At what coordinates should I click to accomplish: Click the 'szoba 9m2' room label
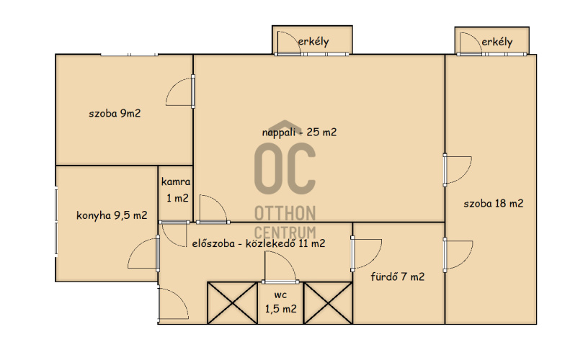coord(115,113)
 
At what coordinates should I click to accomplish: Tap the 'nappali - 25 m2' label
coord(299,132)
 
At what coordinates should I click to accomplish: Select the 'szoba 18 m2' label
coord(494,203)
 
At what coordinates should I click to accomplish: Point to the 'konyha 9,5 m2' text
coord(112,215)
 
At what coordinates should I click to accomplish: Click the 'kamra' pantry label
coord(176,181)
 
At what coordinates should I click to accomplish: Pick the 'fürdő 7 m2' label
coord(397,276)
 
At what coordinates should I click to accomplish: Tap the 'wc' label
coord(280,295)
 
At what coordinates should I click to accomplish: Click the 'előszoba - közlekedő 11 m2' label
coord(259,243)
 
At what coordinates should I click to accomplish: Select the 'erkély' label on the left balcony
coord(313,42)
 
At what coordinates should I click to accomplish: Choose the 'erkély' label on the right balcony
coord(497,42)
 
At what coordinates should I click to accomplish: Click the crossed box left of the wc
coord(232,303)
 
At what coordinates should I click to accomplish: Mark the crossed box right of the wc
coord(328,303)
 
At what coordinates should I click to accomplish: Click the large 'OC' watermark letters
coord(285,168)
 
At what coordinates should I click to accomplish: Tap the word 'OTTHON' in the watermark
coord(285,213)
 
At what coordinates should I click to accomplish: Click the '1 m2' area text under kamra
coord(177,198)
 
